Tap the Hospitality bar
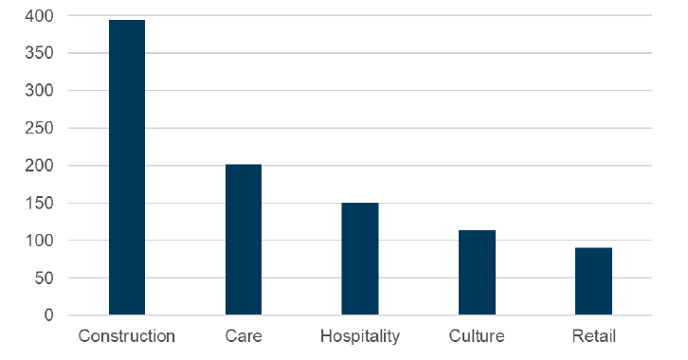coord(360,259)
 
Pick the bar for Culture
coord(477,273)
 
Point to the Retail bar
coord(593,281)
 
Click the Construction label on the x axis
coord(127,336)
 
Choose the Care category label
coord(244,336)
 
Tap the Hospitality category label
coord(360,336)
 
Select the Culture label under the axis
coord(477,336)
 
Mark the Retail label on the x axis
coord(593,336)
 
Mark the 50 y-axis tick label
coord(45,279)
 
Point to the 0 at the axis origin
coord(50,315)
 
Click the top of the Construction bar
coord(127,21)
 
